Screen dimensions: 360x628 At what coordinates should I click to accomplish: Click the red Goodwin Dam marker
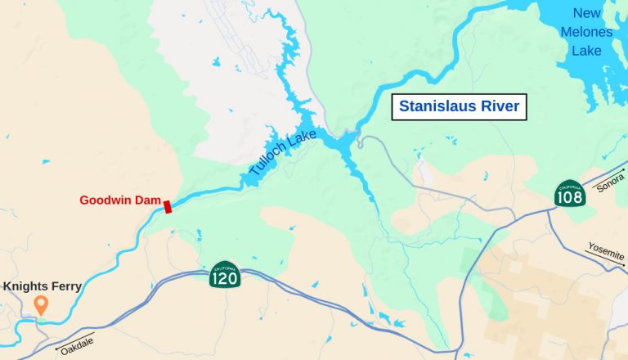click(168, 206)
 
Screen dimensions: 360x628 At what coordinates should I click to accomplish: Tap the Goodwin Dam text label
click(119, 200)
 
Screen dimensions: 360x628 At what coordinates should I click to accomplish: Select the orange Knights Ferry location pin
click(40, 306)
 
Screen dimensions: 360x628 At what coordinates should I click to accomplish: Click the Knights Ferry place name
click(43, 286)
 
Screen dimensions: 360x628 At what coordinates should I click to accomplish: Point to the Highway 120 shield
click(224, 276)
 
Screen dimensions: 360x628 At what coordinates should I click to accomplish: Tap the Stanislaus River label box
click(459, 107)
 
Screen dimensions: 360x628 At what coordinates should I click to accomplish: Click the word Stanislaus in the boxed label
click(439, 107)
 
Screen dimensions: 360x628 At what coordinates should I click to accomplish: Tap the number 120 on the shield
click(224, 279)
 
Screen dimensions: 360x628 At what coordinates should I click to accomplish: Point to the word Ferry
click(65, 286)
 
